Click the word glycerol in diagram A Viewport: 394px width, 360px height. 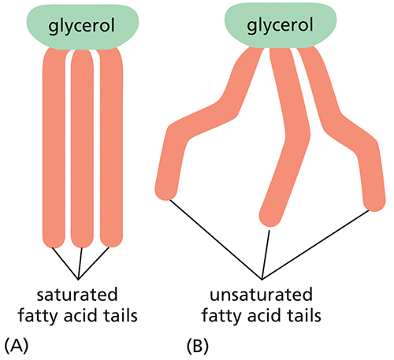82,26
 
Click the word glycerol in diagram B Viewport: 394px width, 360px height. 280,25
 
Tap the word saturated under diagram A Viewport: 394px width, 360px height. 77,295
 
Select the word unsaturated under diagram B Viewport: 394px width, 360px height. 261,295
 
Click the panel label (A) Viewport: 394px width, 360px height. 17,346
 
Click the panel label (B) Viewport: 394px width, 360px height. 198,346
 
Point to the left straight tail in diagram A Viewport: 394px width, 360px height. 54,147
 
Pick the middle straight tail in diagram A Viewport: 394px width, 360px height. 83,148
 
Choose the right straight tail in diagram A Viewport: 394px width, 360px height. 111,147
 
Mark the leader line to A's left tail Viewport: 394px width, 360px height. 65,263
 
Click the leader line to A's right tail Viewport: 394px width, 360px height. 94,263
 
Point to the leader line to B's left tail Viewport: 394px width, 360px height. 215,239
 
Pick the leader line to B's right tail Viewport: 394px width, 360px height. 316,245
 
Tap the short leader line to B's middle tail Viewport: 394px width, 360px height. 266,254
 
